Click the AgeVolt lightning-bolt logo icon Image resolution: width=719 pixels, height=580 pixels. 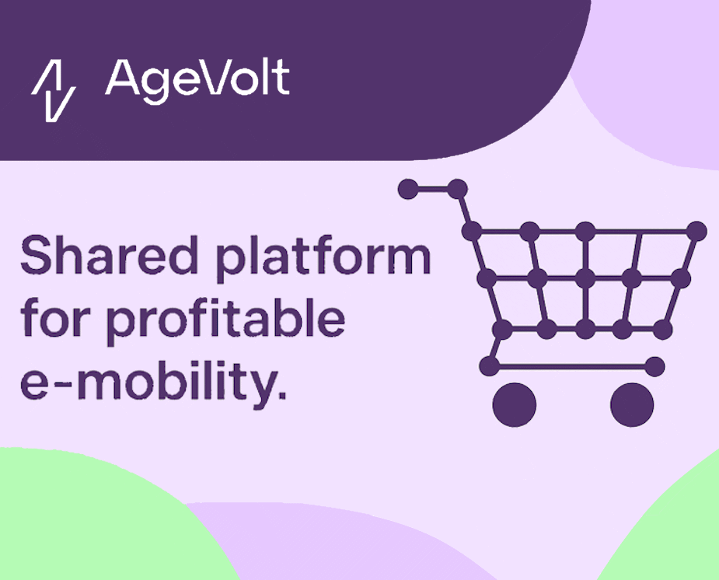pos(54,90)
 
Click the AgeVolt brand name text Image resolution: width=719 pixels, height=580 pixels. pos(197,81)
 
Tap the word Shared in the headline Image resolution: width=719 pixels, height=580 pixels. pos(109,255)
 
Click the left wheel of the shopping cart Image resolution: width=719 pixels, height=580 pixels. pos(514,405)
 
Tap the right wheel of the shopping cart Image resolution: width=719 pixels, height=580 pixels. pos(632,405)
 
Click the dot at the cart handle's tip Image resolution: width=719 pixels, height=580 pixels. pos(408,189)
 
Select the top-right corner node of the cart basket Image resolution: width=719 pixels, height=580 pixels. pos(697,231)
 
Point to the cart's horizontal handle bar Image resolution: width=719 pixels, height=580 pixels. pos(432,189)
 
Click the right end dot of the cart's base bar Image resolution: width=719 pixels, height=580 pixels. pos(654,367)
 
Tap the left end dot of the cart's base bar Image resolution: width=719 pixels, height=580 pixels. pos(489,367)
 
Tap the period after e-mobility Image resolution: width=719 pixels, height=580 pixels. pos(282,394)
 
